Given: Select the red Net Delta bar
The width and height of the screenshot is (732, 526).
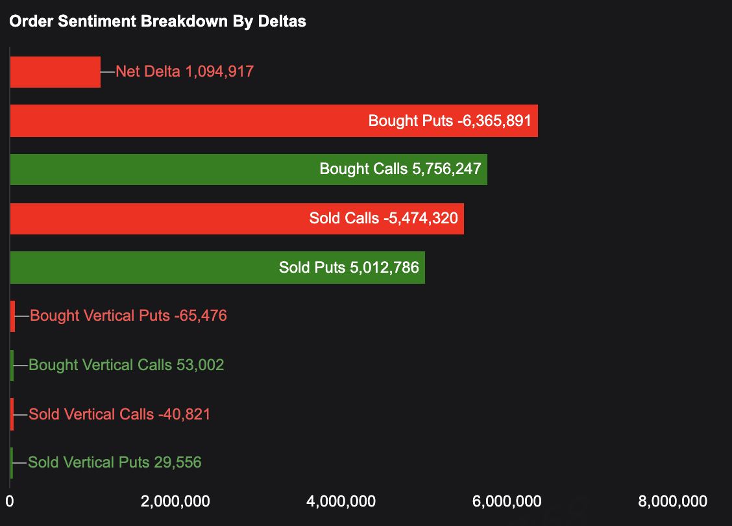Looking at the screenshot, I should point(55,71).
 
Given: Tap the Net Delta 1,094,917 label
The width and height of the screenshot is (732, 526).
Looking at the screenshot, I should point(184,71).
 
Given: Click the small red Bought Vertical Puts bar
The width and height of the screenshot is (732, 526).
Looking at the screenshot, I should point(12,316).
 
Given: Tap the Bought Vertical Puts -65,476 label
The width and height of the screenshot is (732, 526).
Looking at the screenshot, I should point(128,316).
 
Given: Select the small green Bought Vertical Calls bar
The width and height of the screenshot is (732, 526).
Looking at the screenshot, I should point(12,365).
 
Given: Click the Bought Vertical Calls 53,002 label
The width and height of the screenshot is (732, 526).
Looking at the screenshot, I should point(127,365).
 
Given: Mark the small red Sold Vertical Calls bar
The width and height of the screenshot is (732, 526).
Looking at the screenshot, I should point(12,414).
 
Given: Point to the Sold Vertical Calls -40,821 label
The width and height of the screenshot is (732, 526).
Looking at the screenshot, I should point(120,414).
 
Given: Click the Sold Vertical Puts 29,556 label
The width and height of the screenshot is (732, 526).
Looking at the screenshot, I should point(115,462).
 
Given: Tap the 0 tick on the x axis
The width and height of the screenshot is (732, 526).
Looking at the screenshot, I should point(10,501).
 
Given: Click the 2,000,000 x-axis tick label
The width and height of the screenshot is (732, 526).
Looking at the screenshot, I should point(175,501).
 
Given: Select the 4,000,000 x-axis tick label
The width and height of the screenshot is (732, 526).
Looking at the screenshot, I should point(341,501).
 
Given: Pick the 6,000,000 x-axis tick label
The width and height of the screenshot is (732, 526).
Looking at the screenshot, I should point(507,501).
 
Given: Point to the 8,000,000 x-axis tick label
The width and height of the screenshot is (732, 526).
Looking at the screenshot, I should point(672,501).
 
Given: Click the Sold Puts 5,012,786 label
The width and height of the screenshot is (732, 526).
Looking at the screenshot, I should point(348,268).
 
